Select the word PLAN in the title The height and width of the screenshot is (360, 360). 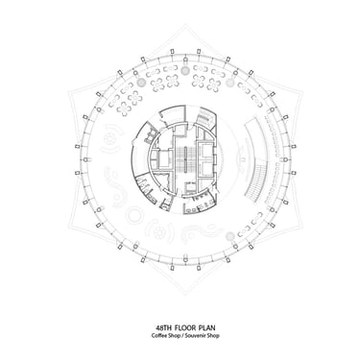(206, 327)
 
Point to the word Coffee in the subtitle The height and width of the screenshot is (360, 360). (158, 336)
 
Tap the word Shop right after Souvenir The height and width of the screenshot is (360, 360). (214, 336)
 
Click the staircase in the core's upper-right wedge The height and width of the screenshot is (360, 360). (204, 118)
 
